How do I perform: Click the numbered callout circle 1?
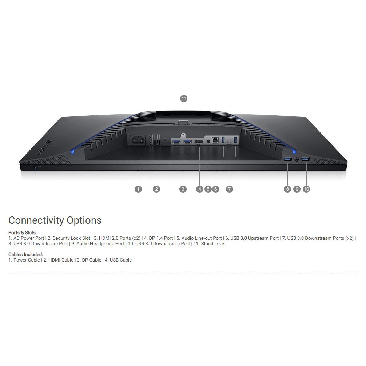[x=138, y=189]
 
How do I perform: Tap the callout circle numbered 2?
[x=156, y=189]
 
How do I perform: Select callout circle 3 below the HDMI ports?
[x=183, y=189]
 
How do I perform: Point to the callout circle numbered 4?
[x=199, y=189]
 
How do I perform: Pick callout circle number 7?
[x=229, y=189]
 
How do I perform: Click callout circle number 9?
[x=297, y=189]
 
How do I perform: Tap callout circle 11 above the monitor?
[x=183, y=99]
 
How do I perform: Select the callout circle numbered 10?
[x=306, y=189]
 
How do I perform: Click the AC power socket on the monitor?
[x=138, y=140]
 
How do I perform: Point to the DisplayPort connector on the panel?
[x=198, y=142]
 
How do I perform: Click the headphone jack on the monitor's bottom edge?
[x=297, y=159]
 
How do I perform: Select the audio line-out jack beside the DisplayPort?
[x=208, y=141]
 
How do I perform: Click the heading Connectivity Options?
[x=55, y=220]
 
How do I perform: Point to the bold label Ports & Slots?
[x=23, y=232]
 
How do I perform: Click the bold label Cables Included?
[x=26, y=254]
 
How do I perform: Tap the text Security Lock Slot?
[x=71, y=238]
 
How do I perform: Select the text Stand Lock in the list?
[x=213, y=244]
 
